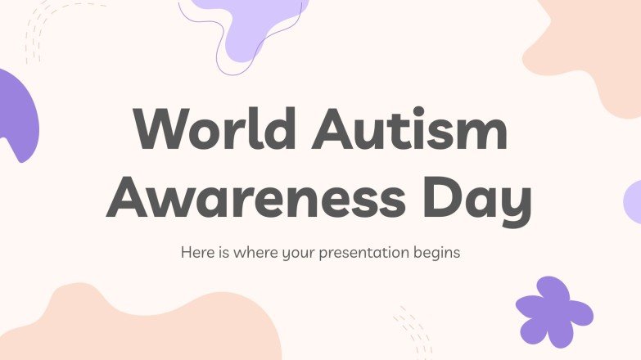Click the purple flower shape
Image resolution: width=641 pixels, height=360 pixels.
tap(553, 311)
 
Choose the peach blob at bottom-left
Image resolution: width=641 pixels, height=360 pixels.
tap(147, 327)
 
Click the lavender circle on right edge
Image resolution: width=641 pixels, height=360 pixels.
tap(633, 202)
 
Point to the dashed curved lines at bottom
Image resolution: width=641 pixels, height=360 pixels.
tap(413, 331)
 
